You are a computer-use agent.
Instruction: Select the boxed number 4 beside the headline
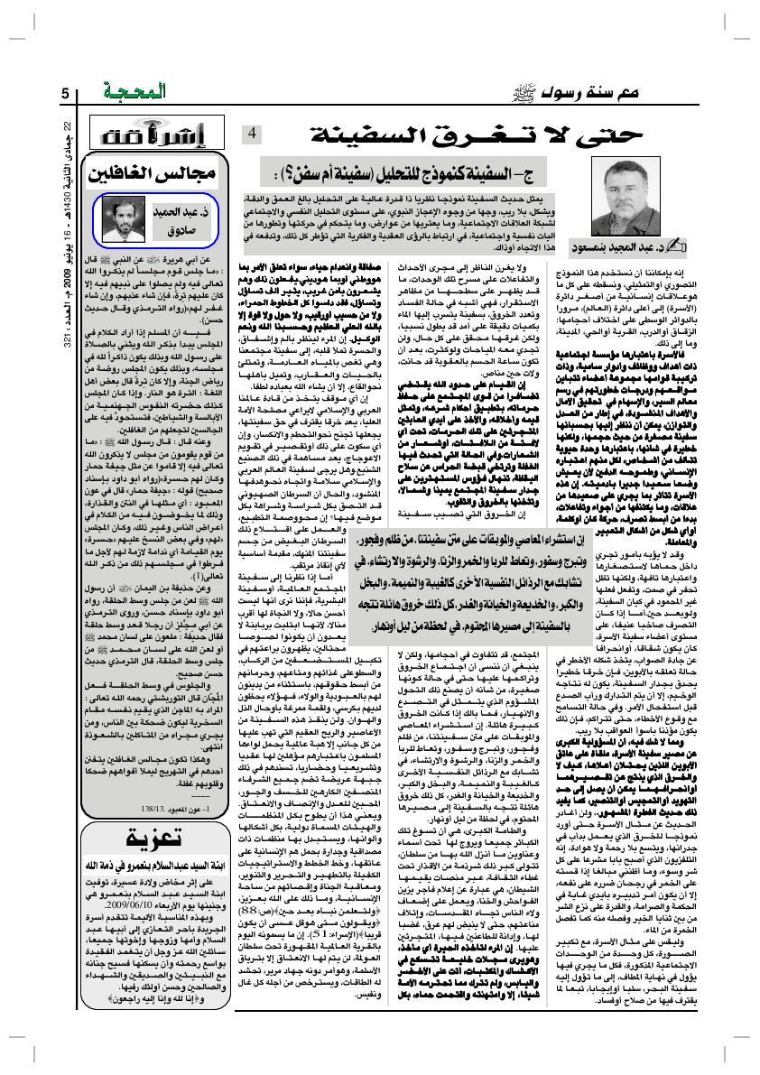[253, 134]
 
